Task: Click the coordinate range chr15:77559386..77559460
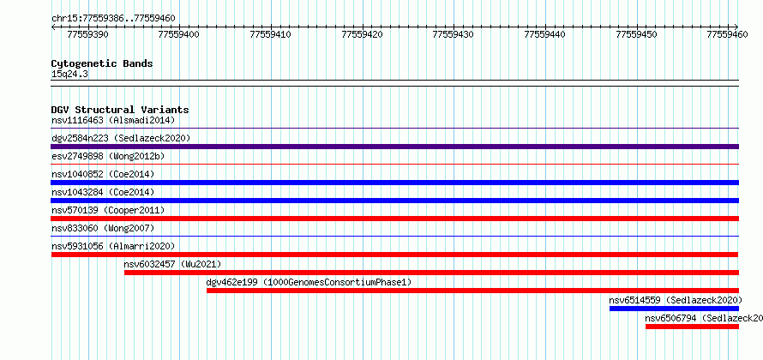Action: tap(113, 19)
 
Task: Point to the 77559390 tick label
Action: tap(88, 34)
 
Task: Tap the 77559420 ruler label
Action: tap(363, 34)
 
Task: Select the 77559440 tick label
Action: tap(545, 34)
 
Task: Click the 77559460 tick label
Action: tap(728, 34)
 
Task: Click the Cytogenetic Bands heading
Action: tap(102, 63)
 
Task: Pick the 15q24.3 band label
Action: tap(69, 75)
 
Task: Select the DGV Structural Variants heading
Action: tap(120, 110)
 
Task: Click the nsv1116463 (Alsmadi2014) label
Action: tap(113, 120)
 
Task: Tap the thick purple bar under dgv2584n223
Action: tap(394, 147)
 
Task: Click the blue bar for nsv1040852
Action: tap(394, 183)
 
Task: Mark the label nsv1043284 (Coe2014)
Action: tap(103, 192)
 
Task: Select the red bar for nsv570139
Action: tap(394, 219)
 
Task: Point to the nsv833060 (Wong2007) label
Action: tap(103, 228)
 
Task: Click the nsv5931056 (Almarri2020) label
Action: tap(113, 246)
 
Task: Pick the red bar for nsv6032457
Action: tap(431, 273)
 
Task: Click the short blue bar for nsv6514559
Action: tap(674, 309)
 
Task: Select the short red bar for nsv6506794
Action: tap(692, 327)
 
